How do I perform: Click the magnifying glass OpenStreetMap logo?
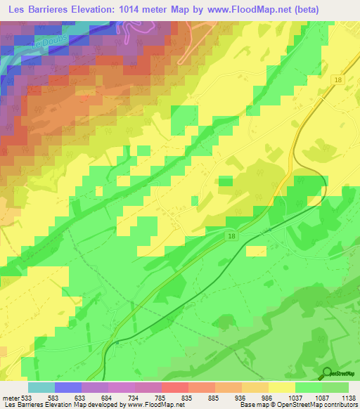click(x=327, y=374)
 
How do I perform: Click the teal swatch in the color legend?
click(x=41, y=387)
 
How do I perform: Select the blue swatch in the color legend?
click(x=68, y=387)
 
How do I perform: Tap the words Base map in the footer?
click(x=252, y=405)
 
